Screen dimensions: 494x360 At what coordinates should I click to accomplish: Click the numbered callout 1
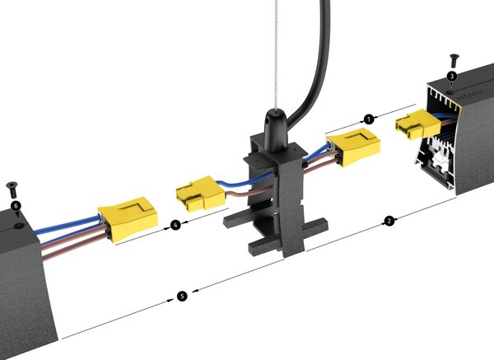click(x=369, y=119)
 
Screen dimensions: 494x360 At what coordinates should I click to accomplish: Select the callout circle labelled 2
click(x=389, y=221)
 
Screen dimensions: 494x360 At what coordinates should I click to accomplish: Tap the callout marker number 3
click(x=452, y=76)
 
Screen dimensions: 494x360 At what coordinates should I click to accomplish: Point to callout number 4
click(x=175, y=225)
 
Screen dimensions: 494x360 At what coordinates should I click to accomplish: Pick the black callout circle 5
click(x=182, y=296)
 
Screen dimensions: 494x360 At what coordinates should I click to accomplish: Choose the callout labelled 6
click(x=16, y=206)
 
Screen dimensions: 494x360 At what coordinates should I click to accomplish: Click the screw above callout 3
click(x=454, y=60)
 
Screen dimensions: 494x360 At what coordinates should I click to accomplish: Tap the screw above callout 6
click(x=12, y=189)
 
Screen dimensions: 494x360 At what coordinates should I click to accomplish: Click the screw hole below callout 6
click(x=19, y=226)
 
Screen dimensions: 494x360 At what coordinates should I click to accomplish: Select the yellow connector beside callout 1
click(x=353, y=147)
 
